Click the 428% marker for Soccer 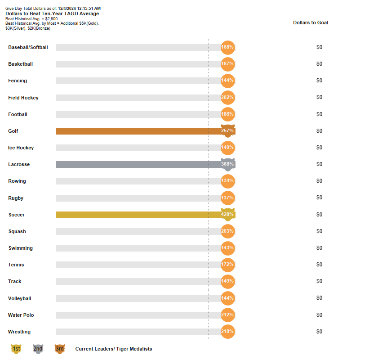click(228, 215)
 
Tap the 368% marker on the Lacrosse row click(228, 164)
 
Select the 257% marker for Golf click(228, 131)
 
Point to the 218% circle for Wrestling click(228, 332)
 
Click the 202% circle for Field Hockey click(228, 98)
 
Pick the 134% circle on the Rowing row click(228, 181)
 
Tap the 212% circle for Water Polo click(228, 315)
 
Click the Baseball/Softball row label click(28, 47)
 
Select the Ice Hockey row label click(21, 148)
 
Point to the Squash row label click(17, 231)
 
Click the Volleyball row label click(19, 298)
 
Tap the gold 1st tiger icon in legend click(16, 349)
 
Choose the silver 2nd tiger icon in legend click(38, 349)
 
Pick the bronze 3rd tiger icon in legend click(60, 349)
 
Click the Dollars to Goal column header click(311, 22)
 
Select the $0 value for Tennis click(319, 265)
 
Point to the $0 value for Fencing click(319, 81)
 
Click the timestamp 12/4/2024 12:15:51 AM click(79, 9)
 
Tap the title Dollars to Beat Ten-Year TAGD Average click(52, 13)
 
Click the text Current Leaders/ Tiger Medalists click(114, 349)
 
